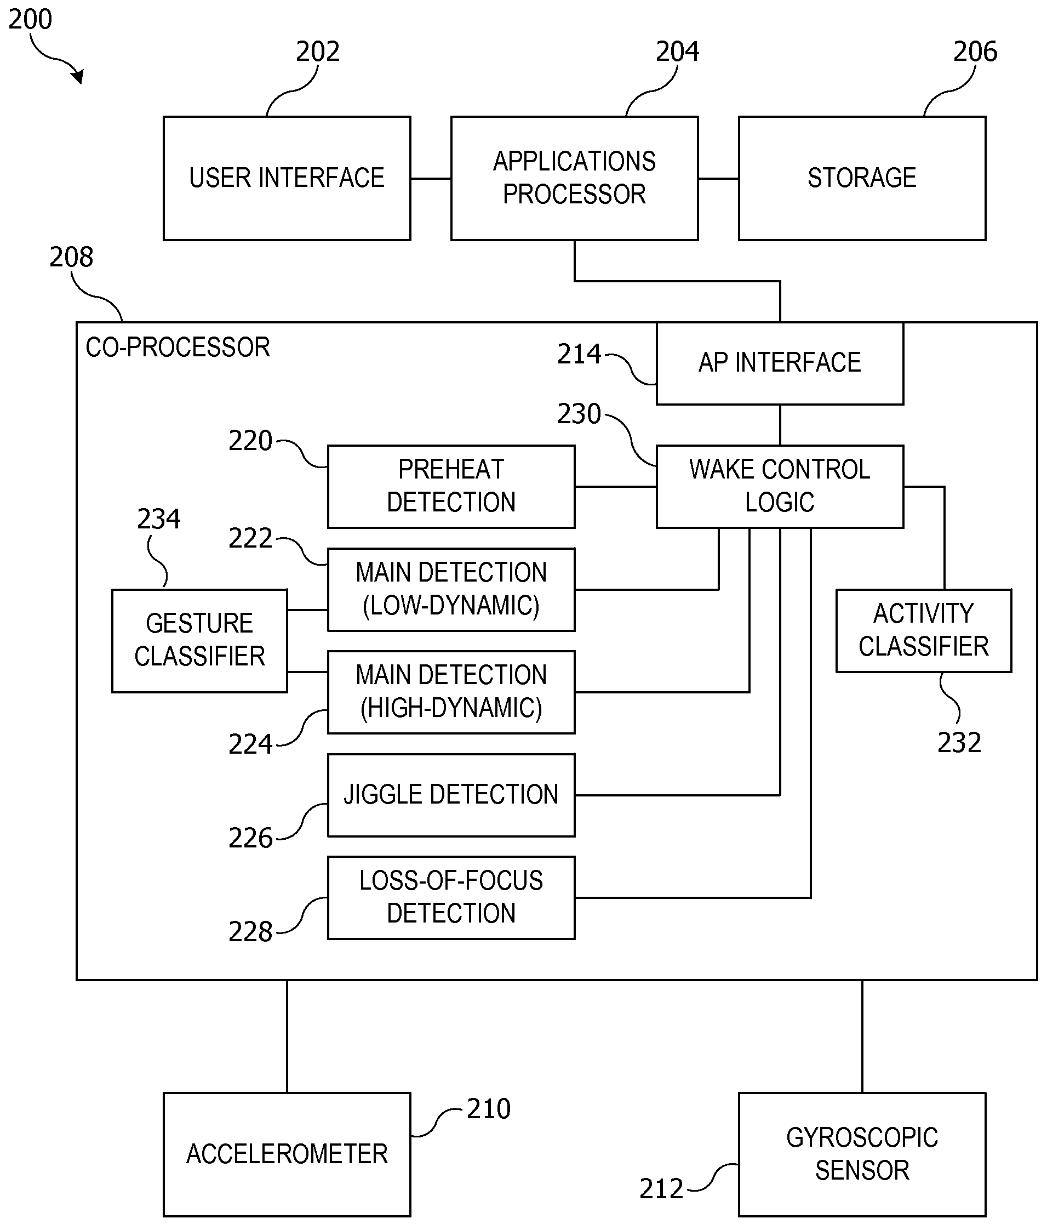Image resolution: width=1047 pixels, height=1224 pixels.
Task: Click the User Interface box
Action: (287, 178)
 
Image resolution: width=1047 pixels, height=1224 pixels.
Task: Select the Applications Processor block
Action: (574, 178)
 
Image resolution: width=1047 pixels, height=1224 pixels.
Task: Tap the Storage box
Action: (862, 178)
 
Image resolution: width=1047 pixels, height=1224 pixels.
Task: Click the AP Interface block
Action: (780, 363)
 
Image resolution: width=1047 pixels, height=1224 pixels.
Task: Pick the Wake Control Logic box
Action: (780, 486)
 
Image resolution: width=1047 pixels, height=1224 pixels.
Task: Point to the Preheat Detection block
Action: (451, 486)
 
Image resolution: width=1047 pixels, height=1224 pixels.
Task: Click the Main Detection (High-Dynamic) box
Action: (451, 692)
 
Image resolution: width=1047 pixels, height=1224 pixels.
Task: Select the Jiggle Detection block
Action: (451, 795)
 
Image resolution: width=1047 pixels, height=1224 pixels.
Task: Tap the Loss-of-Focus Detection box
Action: (451, 897)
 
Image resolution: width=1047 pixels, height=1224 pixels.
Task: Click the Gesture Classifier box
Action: (199, 640)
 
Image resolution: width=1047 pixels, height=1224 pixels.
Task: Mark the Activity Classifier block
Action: (924, 630)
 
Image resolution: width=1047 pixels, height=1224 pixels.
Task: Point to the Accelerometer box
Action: (287, 1154)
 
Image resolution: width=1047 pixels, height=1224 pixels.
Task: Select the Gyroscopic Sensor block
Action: (862, 1154)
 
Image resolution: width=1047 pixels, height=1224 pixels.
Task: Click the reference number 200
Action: (30, 20)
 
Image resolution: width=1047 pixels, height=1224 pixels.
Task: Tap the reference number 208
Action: (71, 257)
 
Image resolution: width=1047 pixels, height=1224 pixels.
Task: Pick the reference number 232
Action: (959, 743)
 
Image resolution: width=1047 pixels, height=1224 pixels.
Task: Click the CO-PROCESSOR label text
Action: (178, 348)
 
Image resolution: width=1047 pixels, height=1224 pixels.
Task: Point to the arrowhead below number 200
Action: (78, 76)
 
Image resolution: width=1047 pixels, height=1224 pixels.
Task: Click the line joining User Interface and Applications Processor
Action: (431, 178)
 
